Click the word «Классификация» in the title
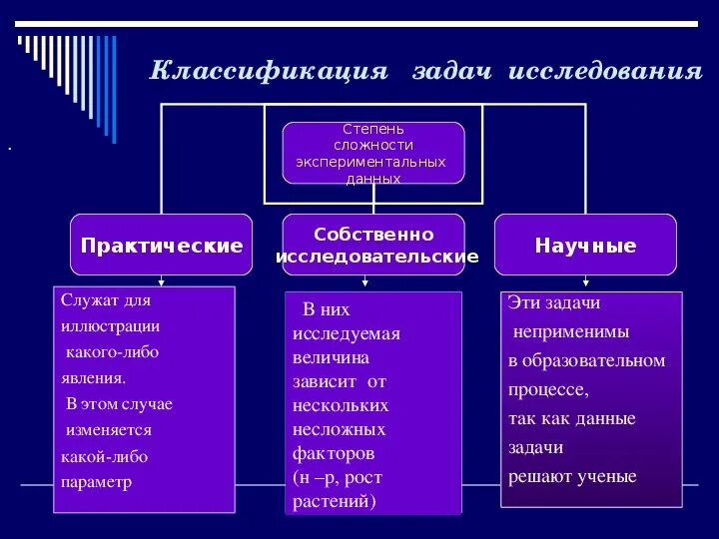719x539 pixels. tap(268, 72)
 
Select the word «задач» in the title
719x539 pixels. tap(452, 72)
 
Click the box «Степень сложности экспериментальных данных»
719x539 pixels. tap(373, 153)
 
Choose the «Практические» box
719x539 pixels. tap(162, 245)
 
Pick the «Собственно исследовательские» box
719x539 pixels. tap(373, 245)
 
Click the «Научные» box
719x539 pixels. tap(585, 245)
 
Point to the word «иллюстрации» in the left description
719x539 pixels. tap(110, 325)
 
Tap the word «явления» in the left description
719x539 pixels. tap(93, 377)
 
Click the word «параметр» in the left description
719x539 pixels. tap(96, 481)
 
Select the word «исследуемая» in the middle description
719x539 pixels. tap(347, 333)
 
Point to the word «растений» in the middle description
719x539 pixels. tap(334, 501)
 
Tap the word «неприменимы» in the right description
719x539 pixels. tap(570, 331)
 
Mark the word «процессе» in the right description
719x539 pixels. tap(548, 389)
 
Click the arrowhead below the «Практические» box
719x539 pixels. tap(162, 282)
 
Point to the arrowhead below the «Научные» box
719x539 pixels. tap(585, 282)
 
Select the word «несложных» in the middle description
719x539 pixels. tap(340, 429)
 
